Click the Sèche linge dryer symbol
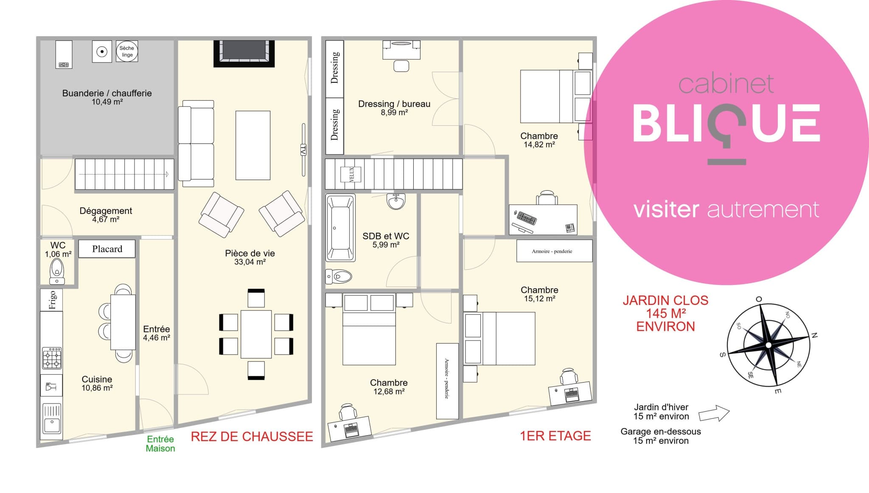127,51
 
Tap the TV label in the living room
303,150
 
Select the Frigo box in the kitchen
52,300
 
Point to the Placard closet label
107,249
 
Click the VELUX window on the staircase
351,175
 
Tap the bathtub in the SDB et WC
340,228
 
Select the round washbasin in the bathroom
396,201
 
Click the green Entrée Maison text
160,444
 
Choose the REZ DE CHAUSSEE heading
252,437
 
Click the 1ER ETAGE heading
555,436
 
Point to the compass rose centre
768,345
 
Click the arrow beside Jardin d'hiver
714,413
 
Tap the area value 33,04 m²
250,262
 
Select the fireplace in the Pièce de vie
244,54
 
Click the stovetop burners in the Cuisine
52,358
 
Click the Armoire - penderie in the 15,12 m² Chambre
554,251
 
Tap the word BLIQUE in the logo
726,124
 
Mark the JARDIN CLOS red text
665,300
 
